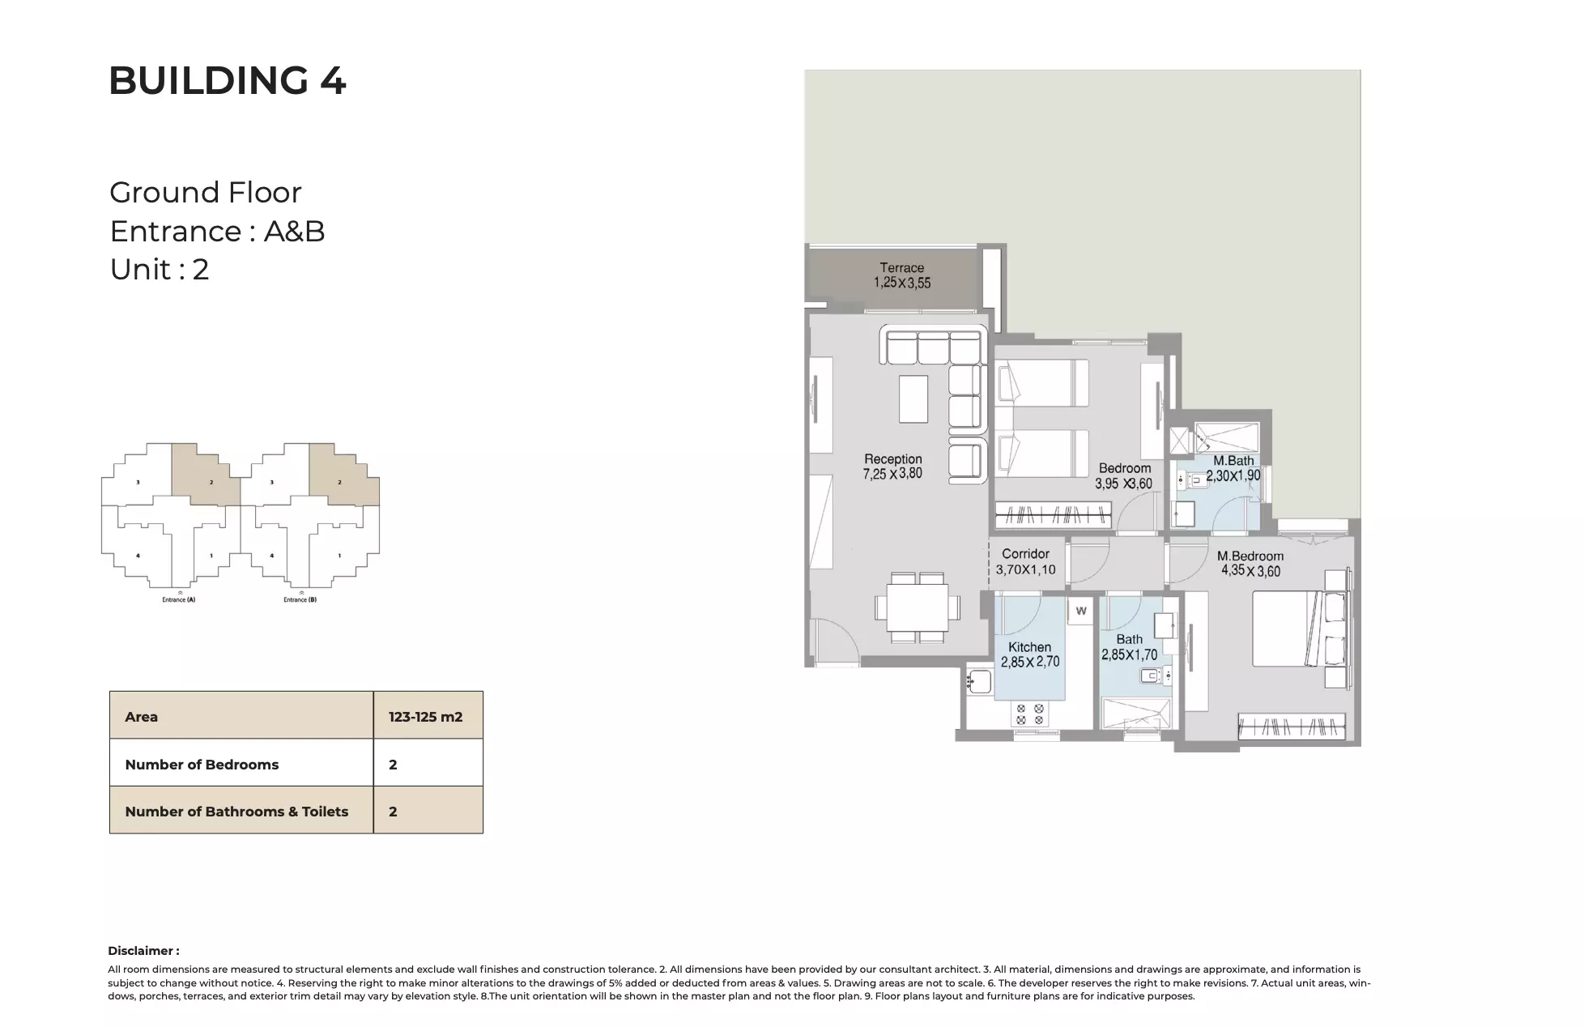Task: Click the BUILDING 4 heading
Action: tap(228, 81)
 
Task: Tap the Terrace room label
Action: tap(901, 268)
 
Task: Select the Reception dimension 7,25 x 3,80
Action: tap(892, 475)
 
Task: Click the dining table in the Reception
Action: tap(918, 607)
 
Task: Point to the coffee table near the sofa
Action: tap(913, 398)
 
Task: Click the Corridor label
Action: tap(1025, 554)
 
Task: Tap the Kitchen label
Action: tap(1029, 647)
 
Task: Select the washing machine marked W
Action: tap(1080, 612)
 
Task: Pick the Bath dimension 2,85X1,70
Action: tap(1129, 655)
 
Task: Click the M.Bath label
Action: tap(1233, 461)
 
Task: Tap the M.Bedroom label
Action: tap(1250, 556)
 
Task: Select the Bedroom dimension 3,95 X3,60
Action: tap(1123, 484)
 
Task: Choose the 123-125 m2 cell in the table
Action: tap(425, 717)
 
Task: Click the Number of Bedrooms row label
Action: tap(202, 765)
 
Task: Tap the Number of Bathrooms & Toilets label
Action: tap(236, 812)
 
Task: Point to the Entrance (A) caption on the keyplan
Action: tap(178, 600)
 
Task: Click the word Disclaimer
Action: tap(143, 951)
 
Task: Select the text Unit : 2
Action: tap(160, 270)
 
